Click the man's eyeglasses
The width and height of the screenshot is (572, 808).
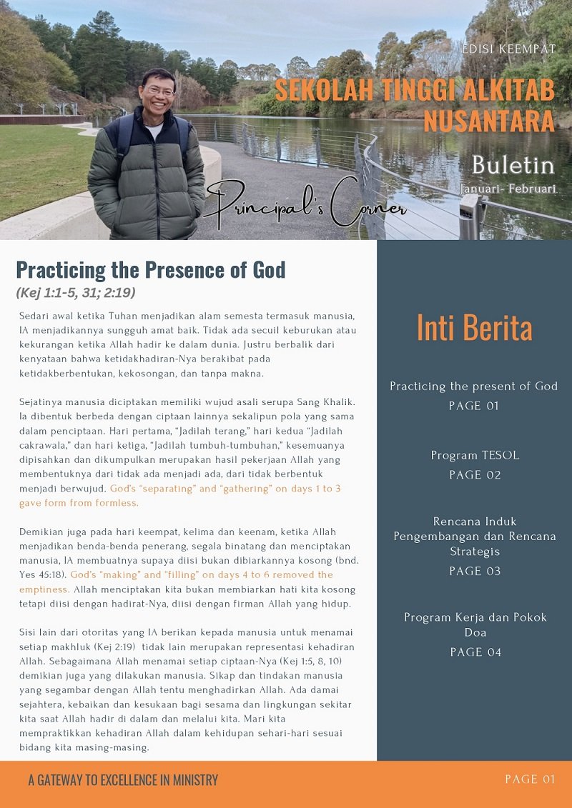click(x=158, y=91)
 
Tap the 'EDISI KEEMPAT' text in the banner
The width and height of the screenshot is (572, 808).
click(x=508, y=50)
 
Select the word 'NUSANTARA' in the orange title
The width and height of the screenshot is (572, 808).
click(x=489, y=121)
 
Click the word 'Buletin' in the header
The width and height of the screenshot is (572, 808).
click(x=513, y=165)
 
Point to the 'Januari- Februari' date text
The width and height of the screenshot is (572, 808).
click(x=508, y=189)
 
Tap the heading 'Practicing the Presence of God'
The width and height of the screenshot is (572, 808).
click(x=151, y=270)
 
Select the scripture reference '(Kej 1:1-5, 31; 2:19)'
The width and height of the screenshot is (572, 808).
click(x=76, y=292)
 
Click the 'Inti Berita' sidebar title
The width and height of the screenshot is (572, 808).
click(x=474, y=328)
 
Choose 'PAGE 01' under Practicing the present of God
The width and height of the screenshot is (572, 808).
click(x=474, y=406)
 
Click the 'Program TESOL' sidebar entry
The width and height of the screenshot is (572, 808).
click(x=474, y=455)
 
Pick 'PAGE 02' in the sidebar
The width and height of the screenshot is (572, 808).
click(x=474, y=475)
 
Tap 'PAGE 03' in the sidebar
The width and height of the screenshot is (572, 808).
click(x=474, y=571)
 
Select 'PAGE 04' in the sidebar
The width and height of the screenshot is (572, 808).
click(x=474, y=652)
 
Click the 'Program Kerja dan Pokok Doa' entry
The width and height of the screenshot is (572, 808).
click(x=474, y=624)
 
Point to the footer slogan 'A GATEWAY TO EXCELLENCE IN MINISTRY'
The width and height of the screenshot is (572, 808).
click(x=123, y=780)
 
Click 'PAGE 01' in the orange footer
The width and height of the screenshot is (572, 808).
click(x=529, y=779)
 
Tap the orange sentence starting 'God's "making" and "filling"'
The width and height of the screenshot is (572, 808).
click(x=200, y=575)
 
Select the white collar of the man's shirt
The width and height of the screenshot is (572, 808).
click(x=154, y=129)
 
